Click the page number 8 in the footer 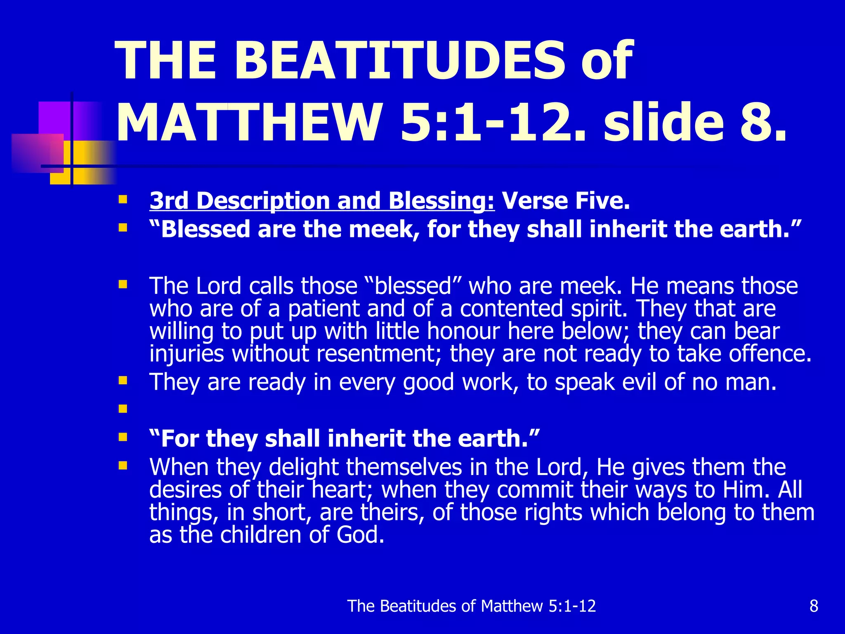tap(814, 606)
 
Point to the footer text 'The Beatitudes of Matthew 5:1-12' tap(472, 606)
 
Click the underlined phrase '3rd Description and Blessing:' tap(322, 201)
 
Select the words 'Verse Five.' tap(566, 201)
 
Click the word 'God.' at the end tap(360, 535)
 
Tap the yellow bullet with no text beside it tap(123, 409)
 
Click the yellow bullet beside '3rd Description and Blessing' tap(123, 200)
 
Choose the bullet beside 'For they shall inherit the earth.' tap(123, 437)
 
